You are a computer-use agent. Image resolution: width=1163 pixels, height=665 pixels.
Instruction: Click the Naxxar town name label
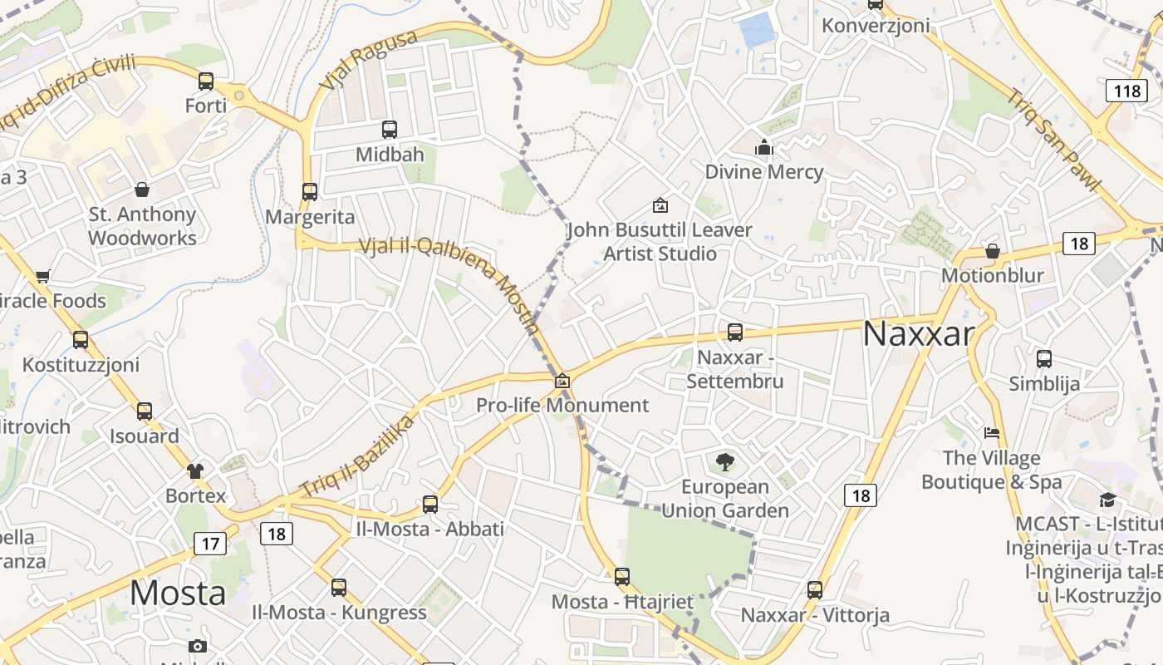click(x=918, y=334)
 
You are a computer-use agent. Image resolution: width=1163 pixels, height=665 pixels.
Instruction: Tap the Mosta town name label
click(x=178, y=594)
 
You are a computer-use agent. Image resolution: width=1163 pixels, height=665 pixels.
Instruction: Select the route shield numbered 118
click(x=1126, y=91)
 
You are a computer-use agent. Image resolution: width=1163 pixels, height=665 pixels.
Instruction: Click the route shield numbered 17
click(x=209, y=544)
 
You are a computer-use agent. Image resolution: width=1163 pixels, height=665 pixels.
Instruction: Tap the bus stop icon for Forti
click(x=206, y=81)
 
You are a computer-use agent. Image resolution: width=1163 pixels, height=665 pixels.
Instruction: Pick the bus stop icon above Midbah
click(x=390, y=130)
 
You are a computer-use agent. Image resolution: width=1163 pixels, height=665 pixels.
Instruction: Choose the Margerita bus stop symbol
click(x=310, y=192)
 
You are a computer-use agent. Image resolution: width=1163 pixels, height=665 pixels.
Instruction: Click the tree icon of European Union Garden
click(x=725, y=461)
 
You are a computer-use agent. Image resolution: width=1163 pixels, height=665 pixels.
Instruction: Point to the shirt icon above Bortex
click(x=195, y=471)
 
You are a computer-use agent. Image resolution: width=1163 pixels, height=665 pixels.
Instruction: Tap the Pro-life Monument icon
click(x=562, y=381)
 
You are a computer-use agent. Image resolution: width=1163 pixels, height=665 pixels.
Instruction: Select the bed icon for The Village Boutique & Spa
click(x=992, y=433)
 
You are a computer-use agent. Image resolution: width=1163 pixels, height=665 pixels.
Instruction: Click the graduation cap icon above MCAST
click(x=1107, y=500)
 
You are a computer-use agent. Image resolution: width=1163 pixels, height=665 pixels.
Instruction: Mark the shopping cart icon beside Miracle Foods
click(x=43, y=276)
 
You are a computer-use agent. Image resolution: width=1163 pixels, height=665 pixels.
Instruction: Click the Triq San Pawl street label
click(x=1054, y=139)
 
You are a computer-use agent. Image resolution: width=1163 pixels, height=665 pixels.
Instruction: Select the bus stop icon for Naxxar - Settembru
click(x=735, y=332)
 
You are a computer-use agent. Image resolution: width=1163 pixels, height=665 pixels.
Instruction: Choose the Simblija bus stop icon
click(x=1044, y=359)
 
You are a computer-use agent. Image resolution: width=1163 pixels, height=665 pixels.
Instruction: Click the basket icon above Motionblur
click(x=992, y=251)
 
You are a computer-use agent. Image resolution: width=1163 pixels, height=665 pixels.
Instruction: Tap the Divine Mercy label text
click(x=764, y=172)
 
